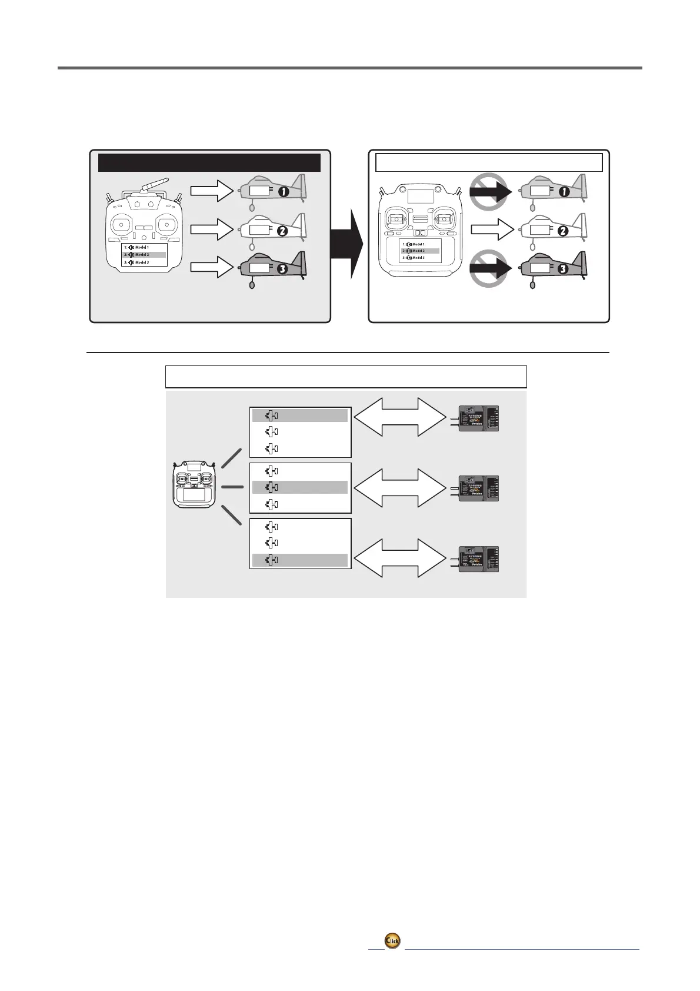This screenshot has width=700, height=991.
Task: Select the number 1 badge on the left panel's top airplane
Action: tap(284, 192)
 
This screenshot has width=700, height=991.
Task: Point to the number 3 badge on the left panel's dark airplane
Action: tap(284, 270)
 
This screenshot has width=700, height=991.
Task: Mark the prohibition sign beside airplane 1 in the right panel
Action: tap(489, 191)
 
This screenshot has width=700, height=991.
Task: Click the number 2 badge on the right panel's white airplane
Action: tap(562, 231)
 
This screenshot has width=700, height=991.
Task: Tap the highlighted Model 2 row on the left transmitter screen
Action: tap(144, 255)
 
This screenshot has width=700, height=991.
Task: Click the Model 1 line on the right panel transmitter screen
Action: tap(419, 244)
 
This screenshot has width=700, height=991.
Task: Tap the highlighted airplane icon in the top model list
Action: tap(272, 416)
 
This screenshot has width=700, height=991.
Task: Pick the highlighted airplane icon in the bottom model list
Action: tap(272, 560)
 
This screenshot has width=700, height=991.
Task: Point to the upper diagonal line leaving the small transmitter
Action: tap(232, 458)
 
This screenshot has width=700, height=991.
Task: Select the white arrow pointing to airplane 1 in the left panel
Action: tap(212, 191)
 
